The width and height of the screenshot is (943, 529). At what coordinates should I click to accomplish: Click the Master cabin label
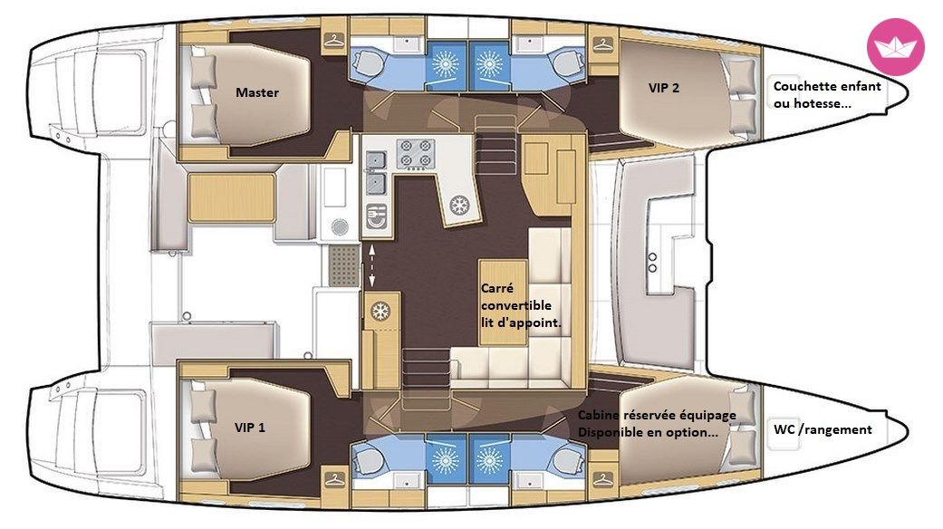click(x=256, y=92)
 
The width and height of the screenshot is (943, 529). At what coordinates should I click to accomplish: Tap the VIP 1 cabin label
click(x=250, y=428)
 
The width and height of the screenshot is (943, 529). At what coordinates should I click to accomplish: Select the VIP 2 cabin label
click(x=664, y=88)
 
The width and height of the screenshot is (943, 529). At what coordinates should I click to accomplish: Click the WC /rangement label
click(x=823, y=429)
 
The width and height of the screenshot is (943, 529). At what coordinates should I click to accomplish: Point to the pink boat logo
click(x=896, y=47)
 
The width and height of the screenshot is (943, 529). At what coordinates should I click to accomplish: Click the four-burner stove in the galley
click(x=415, y=153)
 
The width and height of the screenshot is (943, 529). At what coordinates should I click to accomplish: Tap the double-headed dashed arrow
click(x=371, y=265)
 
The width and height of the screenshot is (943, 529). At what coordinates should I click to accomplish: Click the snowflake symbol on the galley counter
click(x=460, y=205)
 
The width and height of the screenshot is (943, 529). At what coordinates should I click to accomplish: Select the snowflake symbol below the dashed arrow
click(x=380, y=312)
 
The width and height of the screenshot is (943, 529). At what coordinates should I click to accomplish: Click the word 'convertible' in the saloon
click(x=516, y=305)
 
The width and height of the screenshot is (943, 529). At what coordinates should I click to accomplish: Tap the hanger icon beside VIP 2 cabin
click(x=602, y=43)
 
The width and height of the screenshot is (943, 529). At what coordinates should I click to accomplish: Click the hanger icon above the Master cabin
click(x=333, y=41)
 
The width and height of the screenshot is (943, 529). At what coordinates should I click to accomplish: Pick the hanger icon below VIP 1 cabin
click(x=333, y=480)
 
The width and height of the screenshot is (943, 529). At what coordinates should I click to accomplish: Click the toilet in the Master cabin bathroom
click(x=367, y=60)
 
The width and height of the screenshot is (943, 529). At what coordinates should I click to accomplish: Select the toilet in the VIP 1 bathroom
click(x=367, y=462)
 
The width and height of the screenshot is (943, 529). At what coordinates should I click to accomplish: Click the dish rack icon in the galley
click(x=377, y=216)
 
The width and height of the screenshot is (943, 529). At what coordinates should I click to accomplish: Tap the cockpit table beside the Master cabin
click(x=232, y=197)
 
